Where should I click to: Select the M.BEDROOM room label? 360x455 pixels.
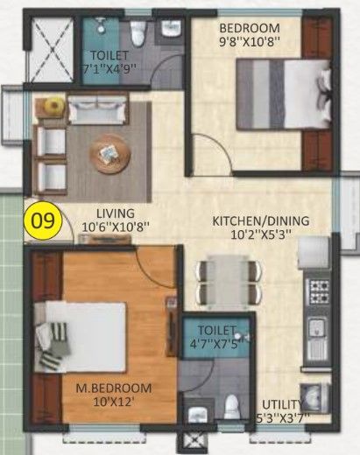tap(112, 388)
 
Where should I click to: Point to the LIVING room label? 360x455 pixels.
tap(116, 213)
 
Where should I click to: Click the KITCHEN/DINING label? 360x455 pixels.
tap(251, 221)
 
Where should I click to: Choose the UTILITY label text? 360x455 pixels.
tap(281, 404)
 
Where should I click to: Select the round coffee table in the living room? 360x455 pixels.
tap(109, 154)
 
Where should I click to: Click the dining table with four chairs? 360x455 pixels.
tap(229, 282)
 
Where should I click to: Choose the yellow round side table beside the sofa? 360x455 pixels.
tap(54, 107)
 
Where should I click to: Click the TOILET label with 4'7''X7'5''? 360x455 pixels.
tap(217, 337)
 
